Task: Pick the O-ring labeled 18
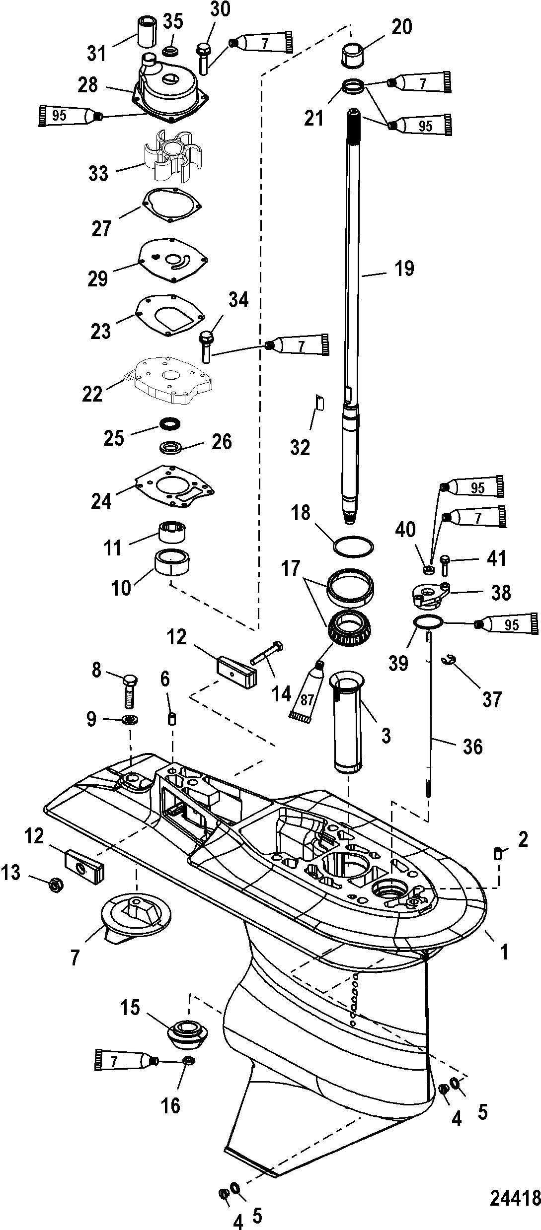[353, 547]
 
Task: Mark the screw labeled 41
[444, 565]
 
